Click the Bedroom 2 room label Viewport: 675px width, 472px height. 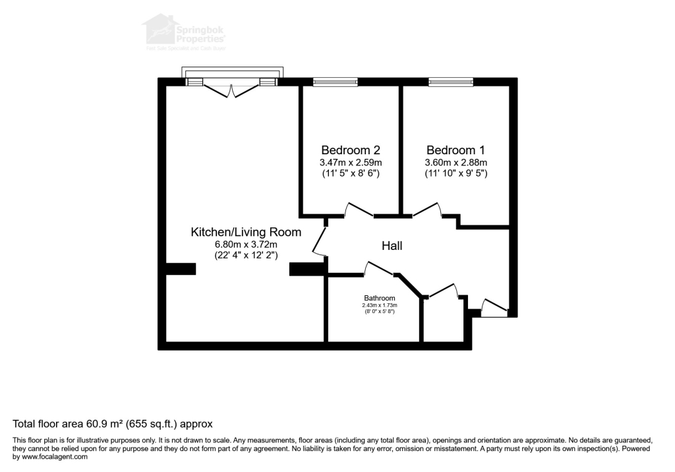350,150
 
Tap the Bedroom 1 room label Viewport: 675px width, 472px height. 456,150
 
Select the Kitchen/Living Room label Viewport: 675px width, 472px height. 246,232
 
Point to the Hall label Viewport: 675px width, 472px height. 392,246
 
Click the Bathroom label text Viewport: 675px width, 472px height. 379,298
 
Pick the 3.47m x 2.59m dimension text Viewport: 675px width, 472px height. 350,162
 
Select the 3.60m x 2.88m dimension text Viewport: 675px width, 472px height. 456,162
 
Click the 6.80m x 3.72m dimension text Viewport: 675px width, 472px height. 246,244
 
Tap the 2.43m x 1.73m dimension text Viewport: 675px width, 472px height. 379,305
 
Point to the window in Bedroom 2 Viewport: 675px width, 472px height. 336,82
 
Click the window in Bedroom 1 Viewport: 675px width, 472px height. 451,82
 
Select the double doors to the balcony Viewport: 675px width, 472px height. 231,89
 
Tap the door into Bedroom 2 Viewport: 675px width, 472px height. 359,210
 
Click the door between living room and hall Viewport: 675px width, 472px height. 320,241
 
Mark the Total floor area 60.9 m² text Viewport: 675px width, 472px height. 113,423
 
